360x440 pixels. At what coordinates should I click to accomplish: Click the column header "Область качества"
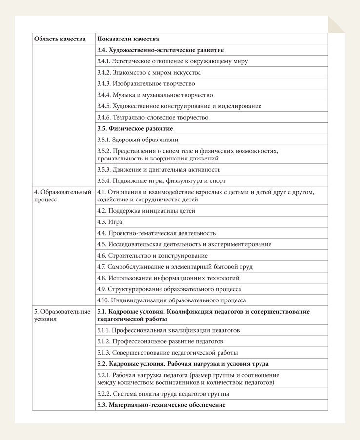pyautogui.click(x=60, y=39)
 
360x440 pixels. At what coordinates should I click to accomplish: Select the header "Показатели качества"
pyautogui.click(x=128, y=39)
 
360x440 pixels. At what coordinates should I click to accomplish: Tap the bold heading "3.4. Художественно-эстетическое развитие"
pyautogui.click(x=160, y=50)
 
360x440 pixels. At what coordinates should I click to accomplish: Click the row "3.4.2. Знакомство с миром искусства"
pyautogui.click(x=149, y=73)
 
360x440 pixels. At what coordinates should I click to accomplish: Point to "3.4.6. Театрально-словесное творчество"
pyautogui.click(x=153, y=118)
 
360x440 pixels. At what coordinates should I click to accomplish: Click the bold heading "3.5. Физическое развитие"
pyautogui.click(x=135, y=129)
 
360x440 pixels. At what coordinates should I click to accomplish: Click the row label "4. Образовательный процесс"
pyautogui.click(x=62, y=196)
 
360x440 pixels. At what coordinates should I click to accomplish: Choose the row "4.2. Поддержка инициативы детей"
pyautogui.click(x=146, y=211)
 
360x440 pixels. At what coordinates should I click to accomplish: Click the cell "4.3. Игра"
pyautogui.click(x=110, y=222)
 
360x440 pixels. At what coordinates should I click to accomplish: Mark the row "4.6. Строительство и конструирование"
pyautogui.click(x=152, y=256)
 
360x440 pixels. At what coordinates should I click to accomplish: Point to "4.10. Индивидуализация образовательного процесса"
pyautogui.click(x=171, y=300)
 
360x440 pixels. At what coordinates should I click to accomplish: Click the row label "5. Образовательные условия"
pyautogui.click(x=62, y=315)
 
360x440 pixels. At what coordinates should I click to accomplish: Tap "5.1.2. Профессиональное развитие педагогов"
pyautogui.click(x=160, y=341)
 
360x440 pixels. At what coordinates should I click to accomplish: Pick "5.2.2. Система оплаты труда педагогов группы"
pyautogui.click(x=163, y=394)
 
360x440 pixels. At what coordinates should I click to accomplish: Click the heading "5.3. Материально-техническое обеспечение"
pyautogui.click(x=161, y=405)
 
